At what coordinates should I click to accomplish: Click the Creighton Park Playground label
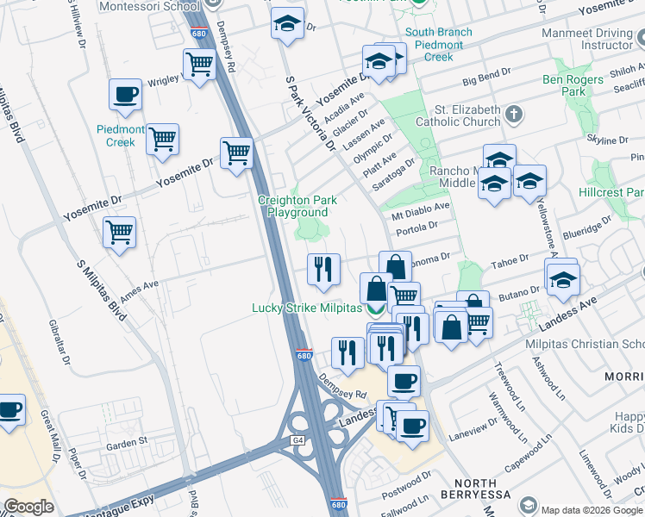point(297,206)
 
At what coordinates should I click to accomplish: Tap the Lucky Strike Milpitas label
point(306,308)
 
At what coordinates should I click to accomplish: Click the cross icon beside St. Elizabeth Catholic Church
point(514,114)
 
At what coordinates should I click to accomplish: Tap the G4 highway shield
point(298,441)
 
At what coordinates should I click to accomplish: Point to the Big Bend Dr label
point(487,79)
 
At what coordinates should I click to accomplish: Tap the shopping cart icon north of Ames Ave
point(119,231)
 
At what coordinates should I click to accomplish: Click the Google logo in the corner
point(28,507)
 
